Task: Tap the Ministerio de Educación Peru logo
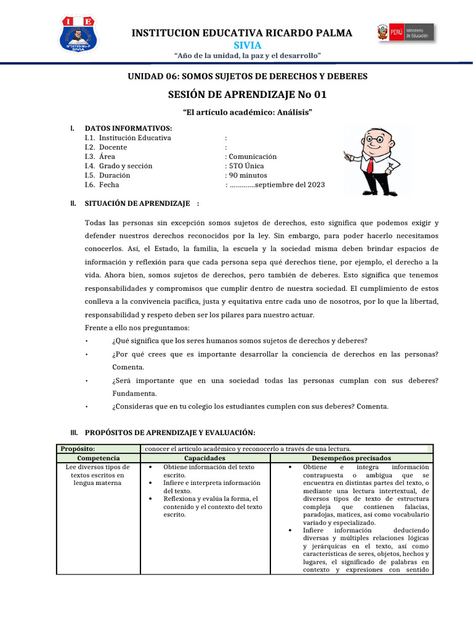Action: (x=405, y=33)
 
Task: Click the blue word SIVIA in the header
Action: (x=248, y=46)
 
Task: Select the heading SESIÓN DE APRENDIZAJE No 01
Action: (x=248, y=94)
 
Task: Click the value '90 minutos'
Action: (x=248, y=175)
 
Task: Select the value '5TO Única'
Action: (x=248, y=166)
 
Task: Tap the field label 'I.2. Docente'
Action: (x=106, y=147)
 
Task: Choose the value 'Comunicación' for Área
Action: (x=253, y=157)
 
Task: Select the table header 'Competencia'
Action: (x=99, y=458)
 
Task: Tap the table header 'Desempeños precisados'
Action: (x=351, y=458)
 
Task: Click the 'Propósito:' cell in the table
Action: (x=77, y=449)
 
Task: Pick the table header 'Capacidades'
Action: (x=204, y=458)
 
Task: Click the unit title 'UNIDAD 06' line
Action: (x=247, y=76)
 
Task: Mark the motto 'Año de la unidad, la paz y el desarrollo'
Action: (x=248, y=56)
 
